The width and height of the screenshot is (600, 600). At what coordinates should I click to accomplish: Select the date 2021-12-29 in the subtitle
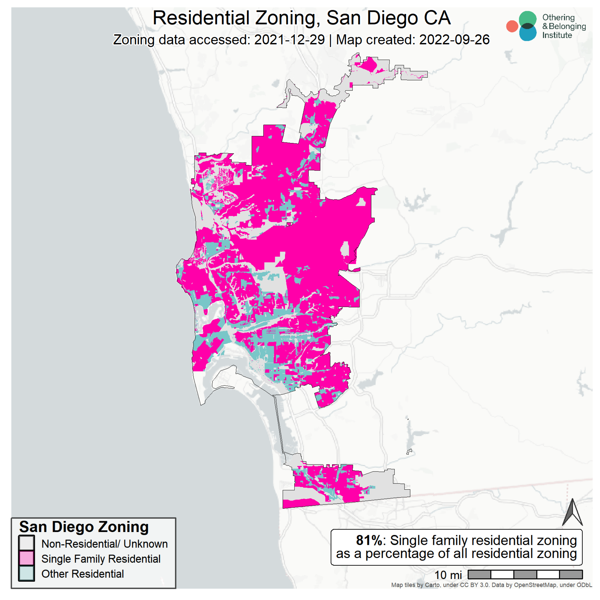pos(289,40)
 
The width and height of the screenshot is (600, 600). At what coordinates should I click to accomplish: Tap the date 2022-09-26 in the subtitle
pos(454,40)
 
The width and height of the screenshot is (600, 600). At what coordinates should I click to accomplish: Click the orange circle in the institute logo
pos(512,26)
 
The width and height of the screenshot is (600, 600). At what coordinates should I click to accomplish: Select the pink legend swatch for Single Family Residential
pos(26,558)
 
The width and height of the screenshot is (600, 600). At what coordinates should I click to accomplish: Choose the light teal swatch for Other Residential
pos(26,573)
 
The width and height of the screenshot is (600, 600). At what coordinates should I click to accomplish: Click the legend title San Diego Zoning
pos(84,527)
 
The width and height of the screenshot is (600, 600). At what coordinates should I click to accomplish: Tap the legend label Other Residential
pos(82,574)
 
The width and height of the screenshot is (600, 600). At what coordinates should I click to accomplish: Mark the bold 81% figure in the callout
pos(369,540)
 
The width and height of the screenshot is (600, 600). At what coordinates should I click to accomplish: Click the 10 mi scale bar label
pos(448,575)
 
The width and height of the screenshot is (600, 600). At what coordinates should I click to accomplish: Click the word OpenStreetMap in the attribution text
pos(535,585)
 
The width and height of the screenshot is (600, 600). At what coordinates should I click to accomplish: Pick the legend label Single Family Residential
pos(101,559)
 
